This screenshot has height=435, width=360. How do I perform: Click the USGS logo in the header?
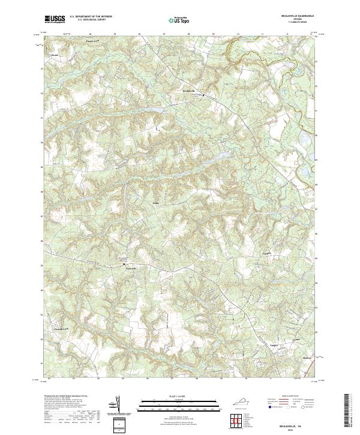[55, 20]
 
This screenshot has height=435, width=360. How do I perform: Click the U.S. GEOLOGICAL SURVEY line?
[91, 21]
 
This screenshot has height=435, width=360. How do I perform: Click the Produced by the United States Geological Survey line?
[67, 397]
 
